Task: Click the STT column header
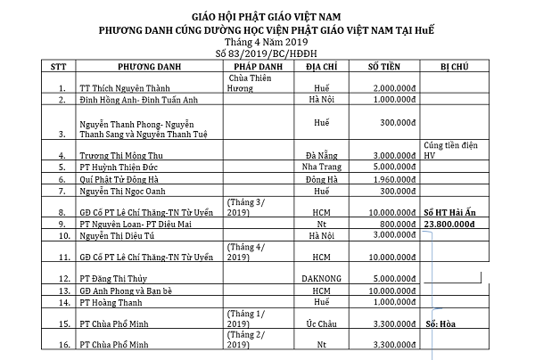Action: pos(59,67)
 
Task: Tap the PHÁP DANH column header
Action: pos(258,67)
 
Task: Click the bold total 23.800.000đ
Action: pos(454,225)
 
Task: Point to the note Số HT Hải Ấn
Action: pos(454,213)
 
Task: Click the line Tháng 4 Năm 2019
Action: pos(267,41)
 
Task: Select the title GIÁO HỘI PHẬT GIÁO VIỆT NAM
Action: pos(267,17)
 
